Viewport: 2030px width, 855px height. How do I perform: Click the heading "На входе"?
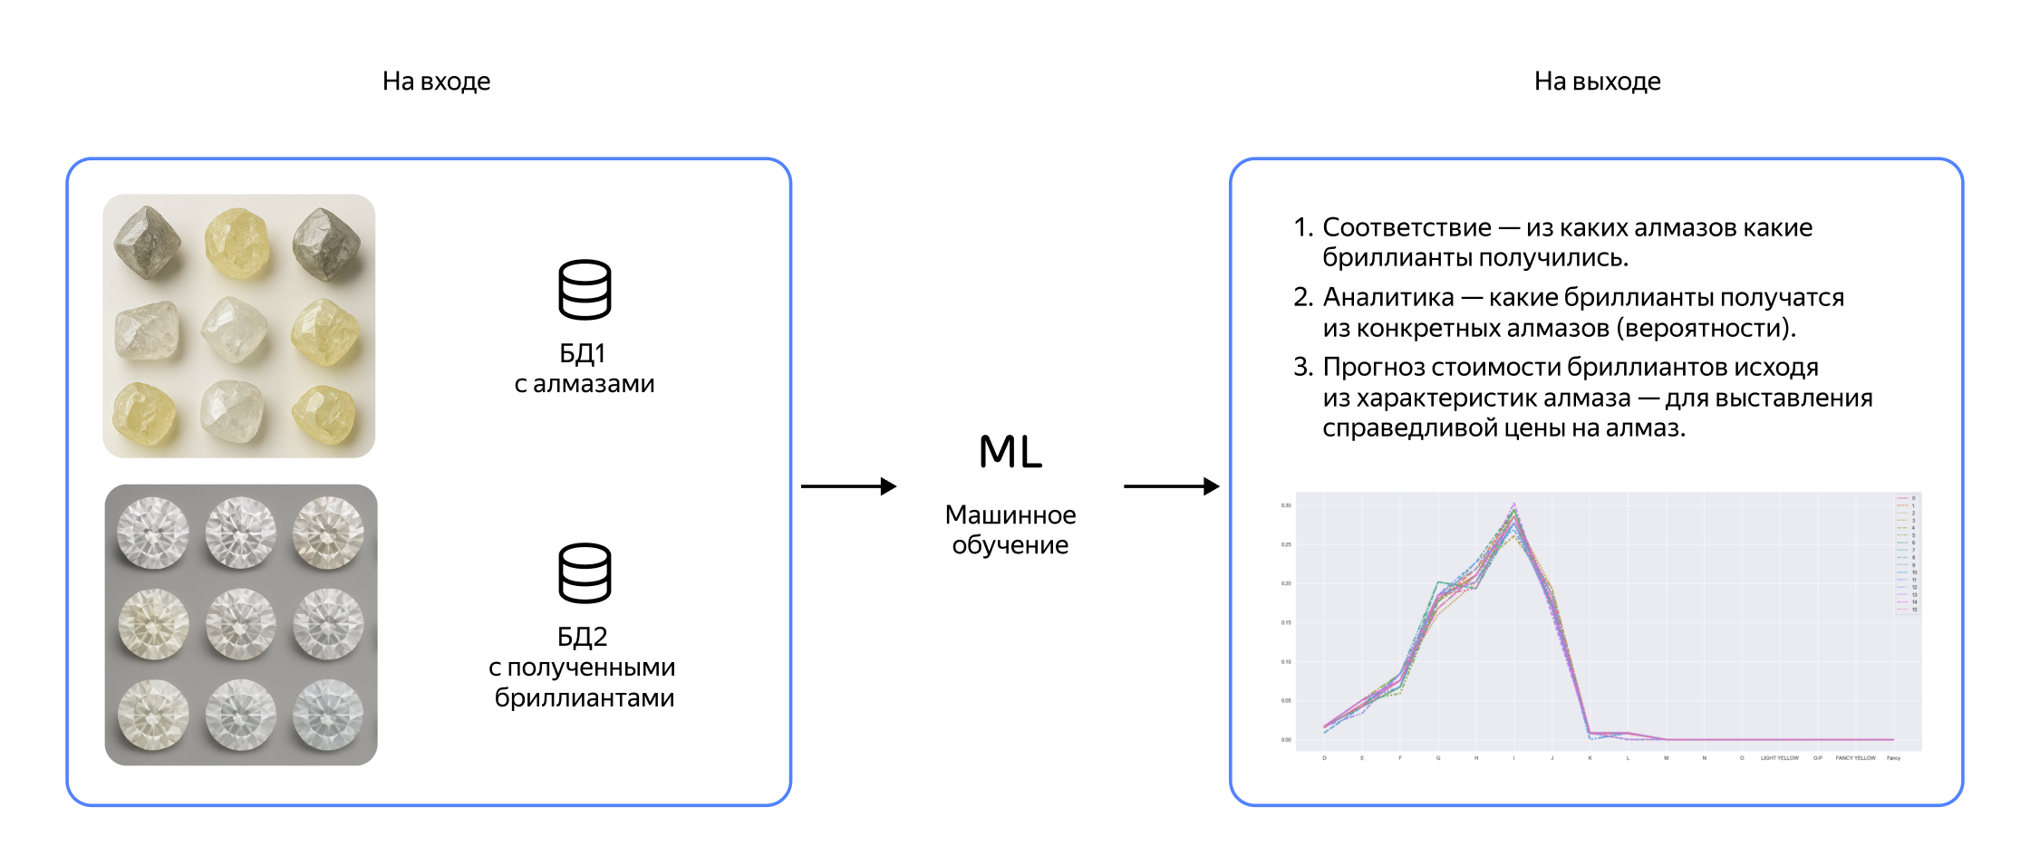point(436,82)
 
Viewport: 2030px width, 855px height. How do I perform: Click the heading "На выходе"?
point(1597,82)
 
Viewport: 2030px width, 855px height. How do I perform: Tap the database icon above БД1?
point(585,290)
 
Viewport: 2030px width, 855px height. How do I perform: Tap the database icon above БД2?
point(585,572)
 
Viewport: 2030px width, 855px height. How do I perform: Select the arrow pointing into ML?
point(848,486)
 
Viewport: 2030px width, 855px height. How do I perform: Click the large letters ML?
point(1010,451)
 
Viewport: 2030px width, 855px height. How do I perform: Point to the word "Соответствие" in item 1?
point(1406,227)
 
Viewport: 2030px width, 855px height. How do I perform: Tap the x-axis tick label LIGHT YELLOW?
point(1780,758)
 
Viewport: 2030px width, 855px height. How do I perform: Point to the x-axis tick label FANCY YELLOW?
point(1855,758)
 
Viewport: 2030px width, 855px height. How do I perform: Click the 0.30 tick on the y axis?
point(1286,505)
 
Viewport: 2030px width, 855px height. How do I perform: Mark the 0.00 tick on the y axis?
point(1286,740)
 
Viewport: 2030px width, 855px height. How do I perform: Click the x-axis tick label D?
point(1324,758)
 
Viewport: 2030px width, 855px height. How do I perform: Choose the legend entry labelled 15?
point(1914,610)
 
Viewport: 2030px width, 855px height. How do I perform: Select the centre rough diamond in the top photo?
point(235,328)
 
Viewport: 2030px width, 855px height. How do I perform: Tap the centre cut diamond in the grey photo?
point(240,623)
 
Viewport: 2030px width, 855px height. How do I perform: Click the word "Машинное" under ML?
point(1010,514)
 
